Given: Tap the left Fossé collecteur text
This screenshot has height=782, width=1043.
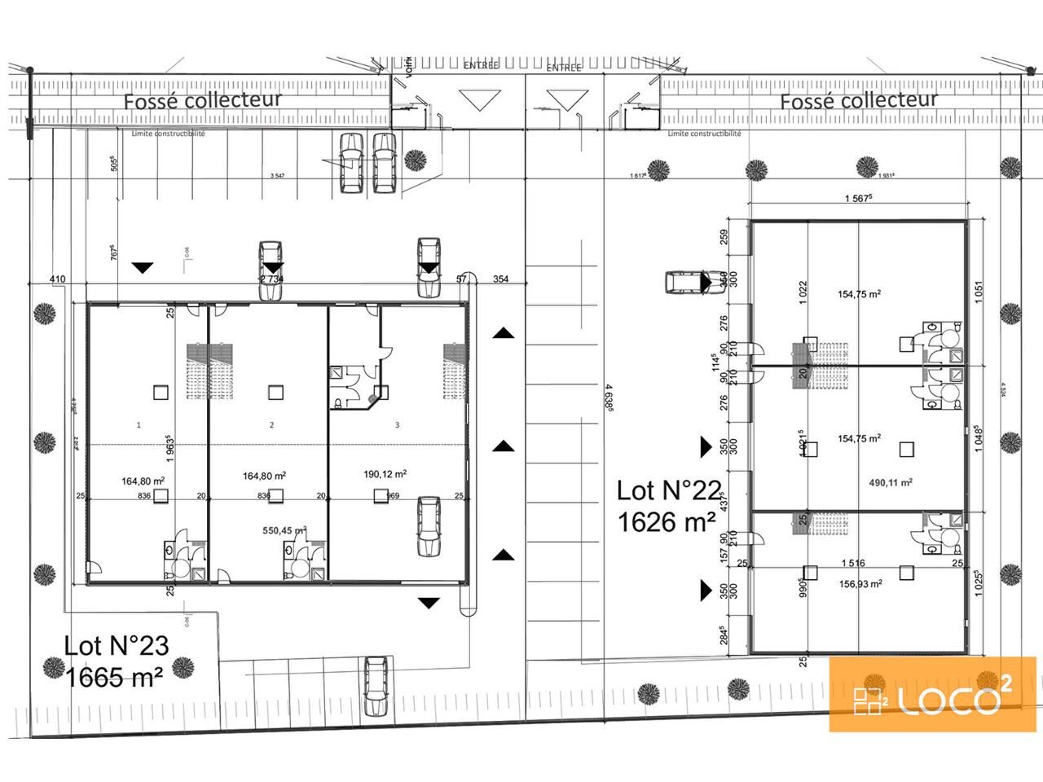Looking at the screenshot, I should (202, 100).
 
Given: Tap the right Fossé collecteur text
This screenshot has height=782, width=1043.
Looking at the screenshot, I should (859, 100).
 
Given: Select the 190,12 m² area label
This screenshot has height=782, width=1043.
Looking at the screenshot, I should (385, 473).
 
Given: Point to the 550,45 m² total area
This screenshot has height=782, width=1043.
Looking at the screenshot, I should (284, 530).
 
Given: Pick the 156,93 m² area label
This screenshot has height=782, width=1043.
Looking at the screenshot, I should (860, 583).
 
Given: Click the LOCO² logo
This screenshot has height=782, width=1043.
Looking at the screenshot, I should (932, 694).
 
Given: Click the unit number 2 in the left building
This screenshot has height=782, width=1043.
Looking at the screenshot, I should (271, 424).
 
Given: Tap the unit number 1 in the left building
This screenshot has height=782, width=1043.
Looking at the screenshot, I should (139, 424).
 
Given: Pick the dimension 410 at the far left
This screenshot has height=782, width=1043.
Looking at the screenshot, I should (56, 279).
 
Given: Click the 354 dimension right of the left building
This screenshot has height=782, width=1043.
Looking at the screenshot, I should (500, 279).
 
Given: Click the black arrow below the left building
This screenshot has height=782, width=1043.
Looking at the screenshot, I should (429, 603).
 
